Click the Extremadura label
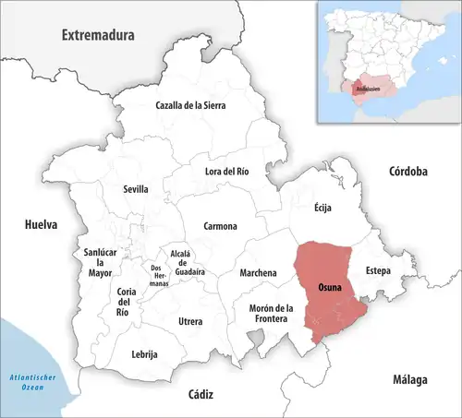pyautogui.click(x=97, y=36)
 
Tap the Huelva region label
pyautogui.click(x=41, y=224)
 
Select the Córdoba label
pyautogui.click(x=407, y=172)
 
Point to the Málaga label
pyautogui.click(x=407, y=379)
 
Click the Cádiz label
pyautogui.click(x=201, y=394)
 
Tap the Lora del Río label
pyautogui.click(x=227, y=172)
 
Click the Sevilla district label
pyautogui.click(x=136, y=189)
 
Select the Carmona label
pyautogui.click(x=220, y=226)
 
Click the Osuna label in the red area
pyautogui.click(x=329, y=287)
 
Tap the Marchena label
pyautogui.click(x=258, y=273)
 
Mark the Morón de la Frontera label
pyautogui.click(x=271, y=313)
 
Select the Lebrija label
pyautogui.click(x=145, y=354)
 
